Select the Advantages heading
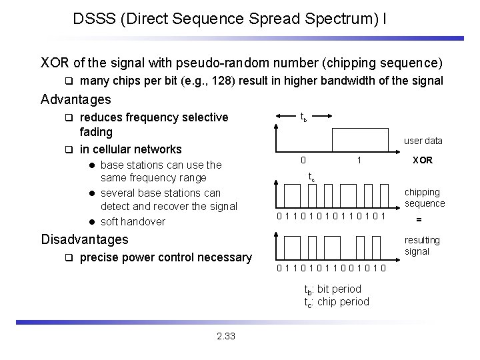point(75,100)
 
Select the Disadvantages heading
point(85,239)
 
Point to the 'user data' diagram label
point(423,141)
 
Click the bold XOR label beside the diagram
point(423,161)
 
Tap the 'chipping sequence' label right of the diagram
point(425,197)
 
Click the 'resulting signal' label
point(423,245)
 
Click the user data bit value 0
point(303,161)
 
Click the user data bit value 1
point(359,161)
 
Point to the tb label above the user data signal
point(303,118)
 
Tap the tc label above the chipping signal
point(311,177)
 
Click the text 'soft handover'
point(133,221)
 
